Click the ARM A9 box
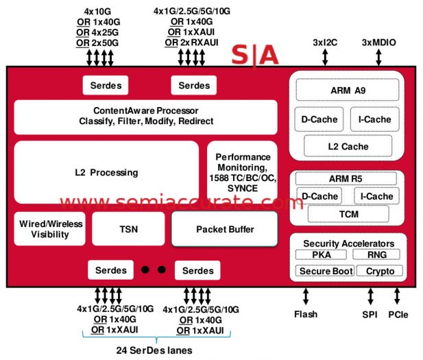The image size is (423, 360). click(x=348, y=90)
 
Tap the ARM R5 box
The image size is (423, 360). click(x=346, y=178)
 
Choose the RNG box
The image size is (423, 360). click(x=376, y=254)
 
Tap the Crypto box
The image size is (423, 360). click(x=380, y=271)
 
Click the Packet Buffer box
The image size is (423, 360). click(x=224, y=229)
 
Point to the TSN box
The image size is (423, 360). click(x=128, y=229)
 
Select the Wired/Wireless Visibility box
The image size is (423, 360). click(x=50, y=229)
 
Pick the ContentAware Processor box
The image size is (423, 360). click(x=145, y=116)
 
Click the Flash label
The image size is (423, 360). click(x=306, y=315)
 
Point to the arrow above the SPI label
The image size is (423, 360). click(x=371, y=297)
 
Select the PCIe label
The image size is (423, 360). click(x=398, y=315)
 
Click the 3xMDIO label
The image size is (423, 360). click(x=378, y=42)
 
